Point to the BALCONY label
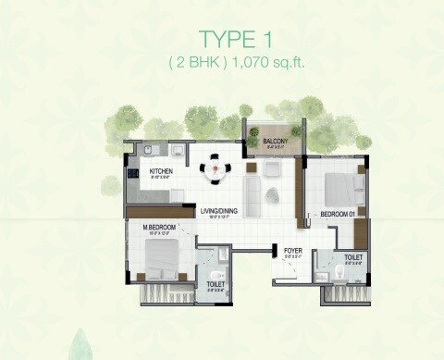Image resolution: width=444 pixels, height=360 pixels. (274, 142)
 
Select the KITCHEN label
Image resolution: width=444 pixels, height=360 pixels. (162, 171)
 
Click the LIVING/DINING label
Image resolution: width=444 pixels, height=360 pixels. (219, 212)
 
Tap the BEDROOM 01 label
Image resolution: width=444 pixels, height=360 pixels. (337, 214)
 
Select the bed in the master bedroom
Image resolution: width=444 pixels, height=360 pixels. (161, 261)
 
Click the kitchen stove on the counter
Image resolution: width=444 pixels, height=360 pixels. (132, 172)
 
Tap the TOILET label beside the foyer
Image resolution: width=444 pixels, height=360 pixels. (352, 258)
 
